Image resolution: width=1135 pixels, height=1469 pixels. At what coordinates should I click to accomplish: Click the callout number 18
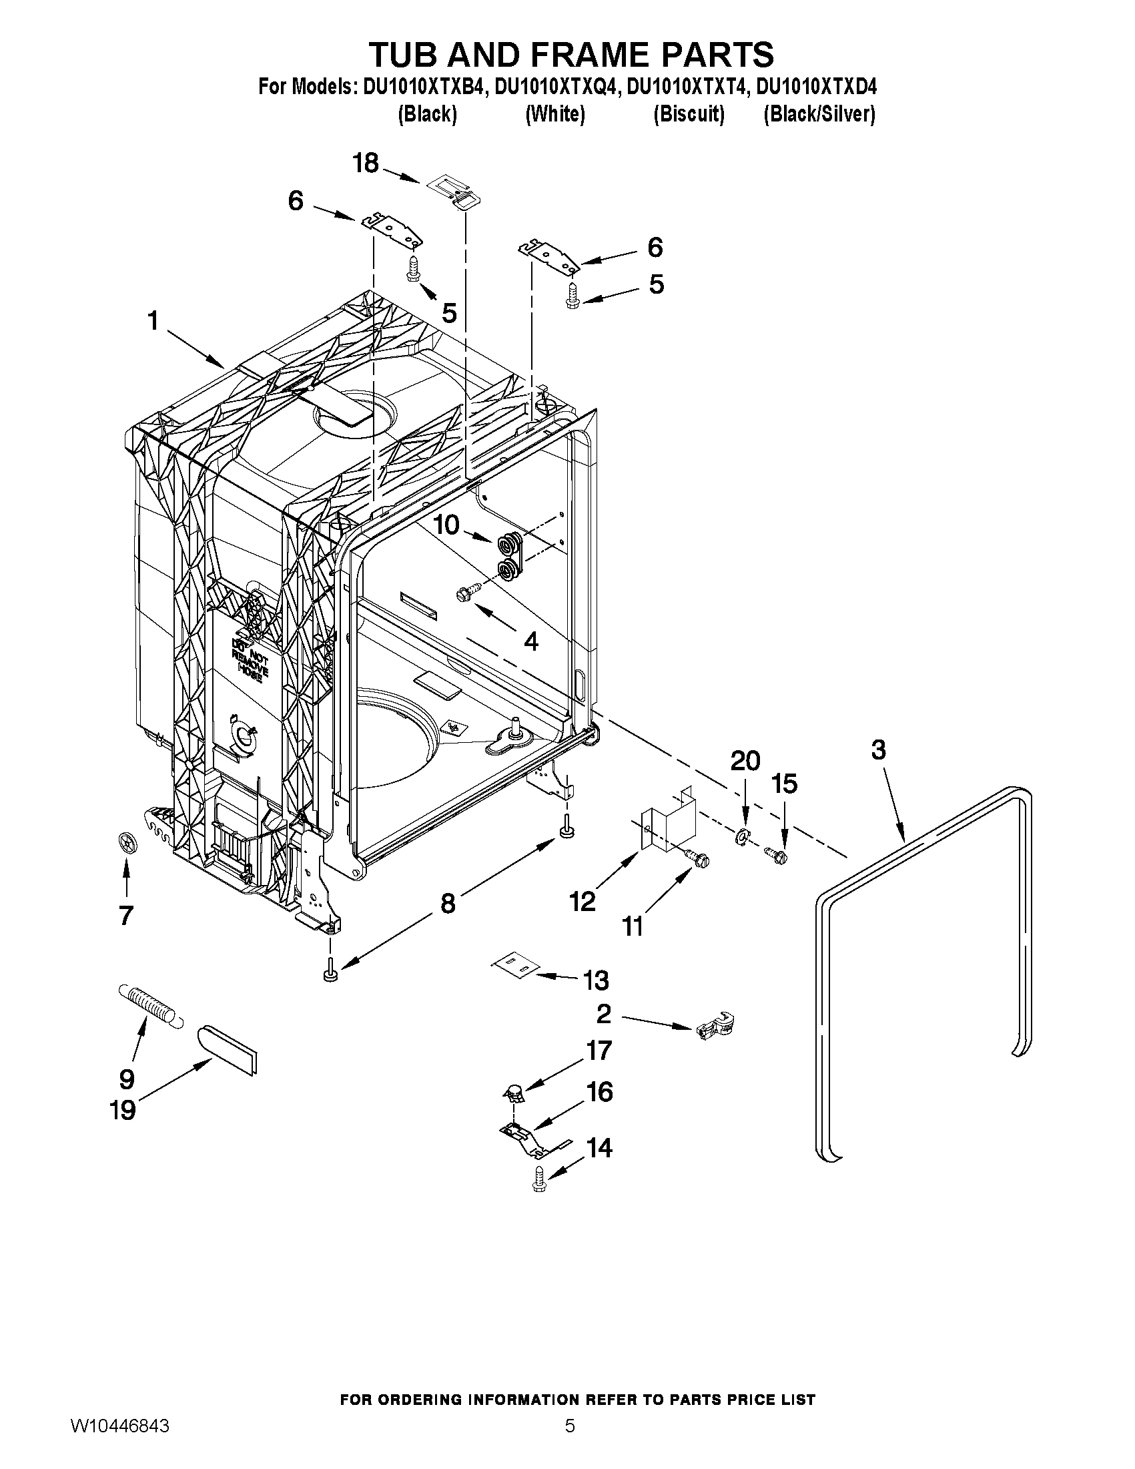[x=366, y=164]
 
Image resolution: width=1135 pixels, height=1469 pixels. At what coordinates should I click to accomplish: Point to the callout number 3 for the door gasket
[x=878, y=750]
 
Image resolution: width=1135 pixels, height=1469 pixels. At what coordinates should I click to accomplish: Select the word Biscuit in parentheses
[x=689, y=115]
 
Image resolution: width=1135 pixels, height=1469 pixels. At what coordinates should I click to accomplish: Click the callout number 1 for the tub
[x=153, y=321]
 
